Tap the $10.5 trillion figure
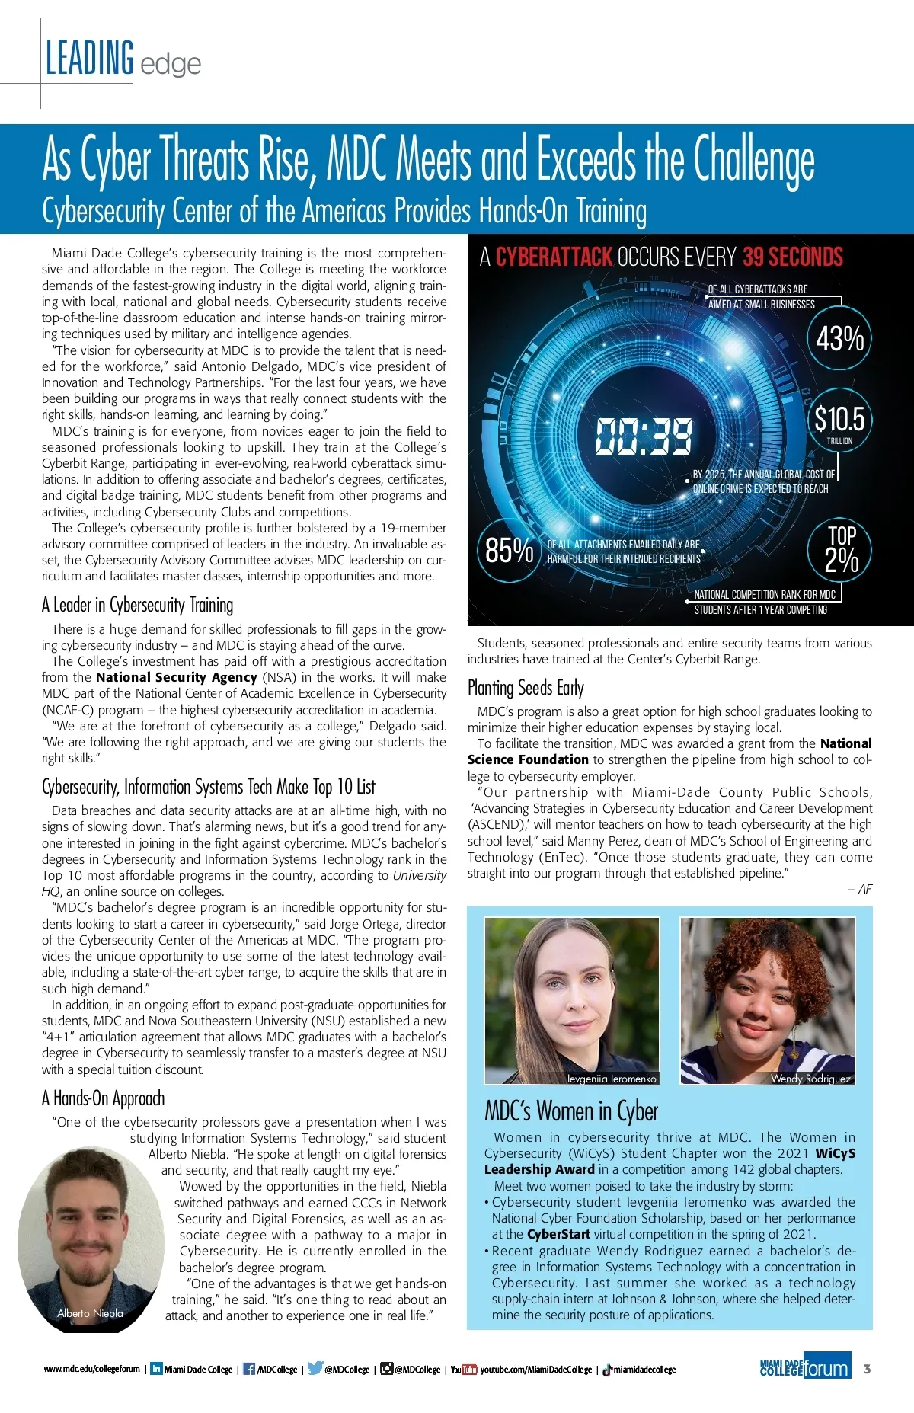[x=839, y=420]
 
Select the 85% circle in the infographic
[x=509, y=550]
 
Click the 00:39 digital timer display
[x=644, y=436]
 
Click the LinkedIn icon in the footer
[x=156, y=1369]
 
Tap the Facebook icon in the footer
[x=248, y=1369]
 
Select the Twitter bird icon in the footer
[x=315, y=1368]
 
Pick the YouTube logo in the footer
[x=464, y=1370]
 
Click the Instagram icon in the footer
[x=387, y=1369]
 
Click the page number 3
[x=867, y=1369]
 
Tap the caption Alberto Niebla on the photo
[x=90, y=1313]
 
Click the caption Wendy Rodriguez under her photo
[x=810, y=1079]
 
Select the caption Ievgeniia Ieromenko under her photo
[x=612, y=1079]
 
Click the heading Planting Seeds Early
[x=526, y=688]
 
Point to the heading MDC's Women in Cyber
[x=571, y=1111]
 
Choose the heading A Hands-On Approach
[x=104, y=1098]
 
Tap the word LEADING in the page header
[x=90, y=59]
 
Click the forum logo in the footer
[x=826, y=1369]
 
